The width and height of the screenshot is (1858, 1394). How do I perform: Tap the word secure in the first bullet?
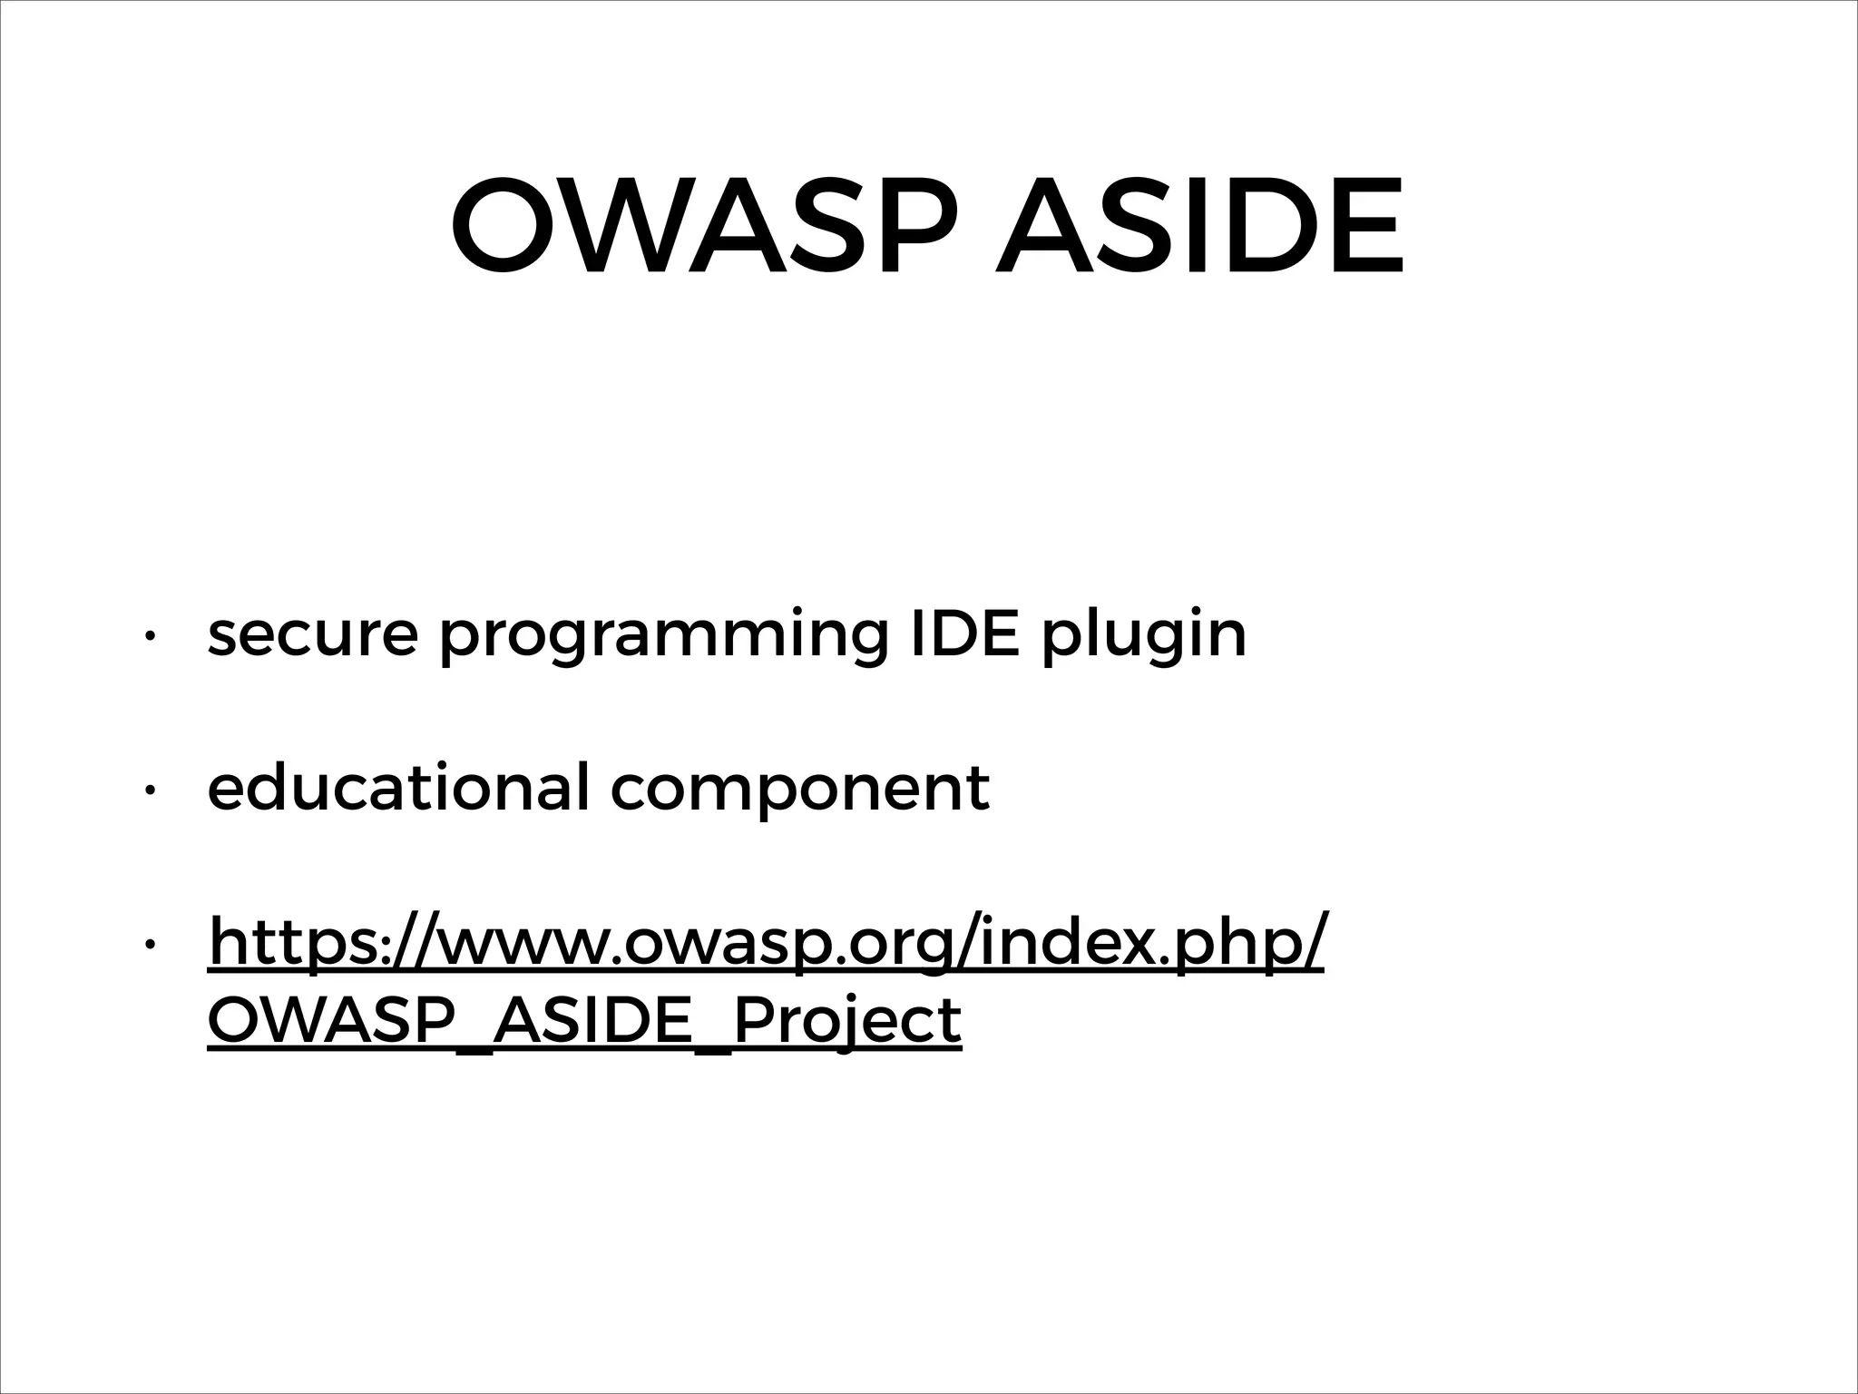click(x=313, y=634)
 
